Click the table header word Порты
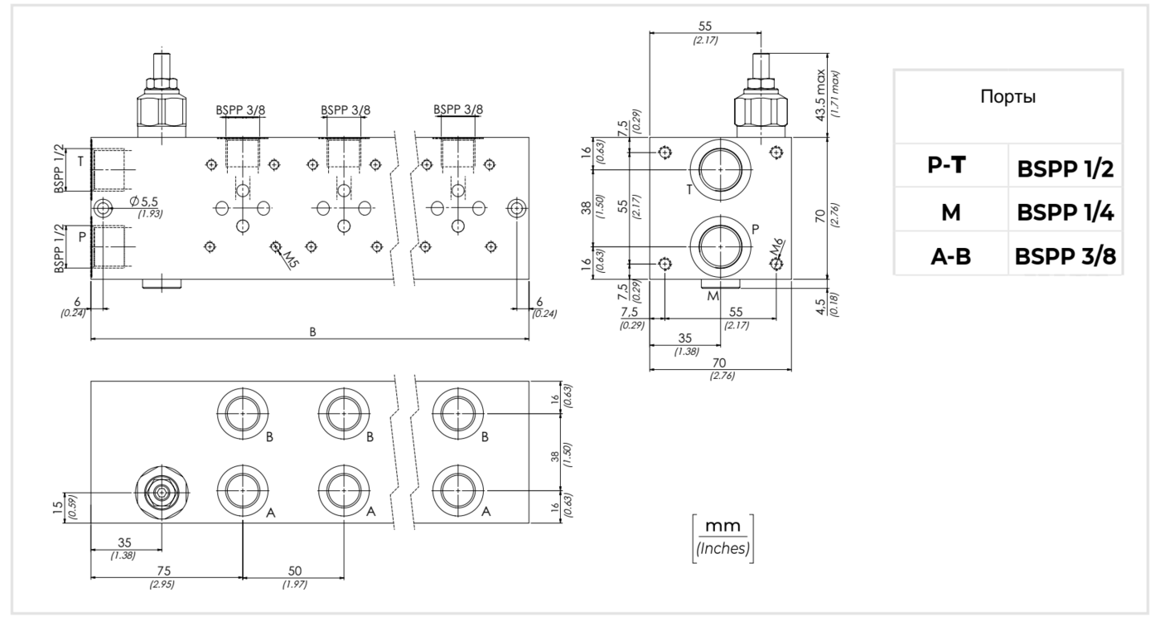click(x=1008, y=96)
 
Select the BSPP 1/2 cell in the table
click(x=1066, y=170)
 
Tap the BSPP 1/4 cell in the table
click(x=1066, y=213)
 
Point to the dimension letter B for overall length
click(x=312, y=332)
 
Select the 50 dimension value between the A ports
click(x=294, y=572)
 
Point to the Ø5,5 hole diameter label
click(x=143, y=202)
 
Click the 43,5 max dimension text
click(x=822, y=96)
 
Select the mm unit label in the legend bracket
click(x=723, y=528)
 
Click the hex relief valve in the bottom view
click(x=161, y=493)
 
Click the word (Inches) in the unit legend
click(x=723, y=548)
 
